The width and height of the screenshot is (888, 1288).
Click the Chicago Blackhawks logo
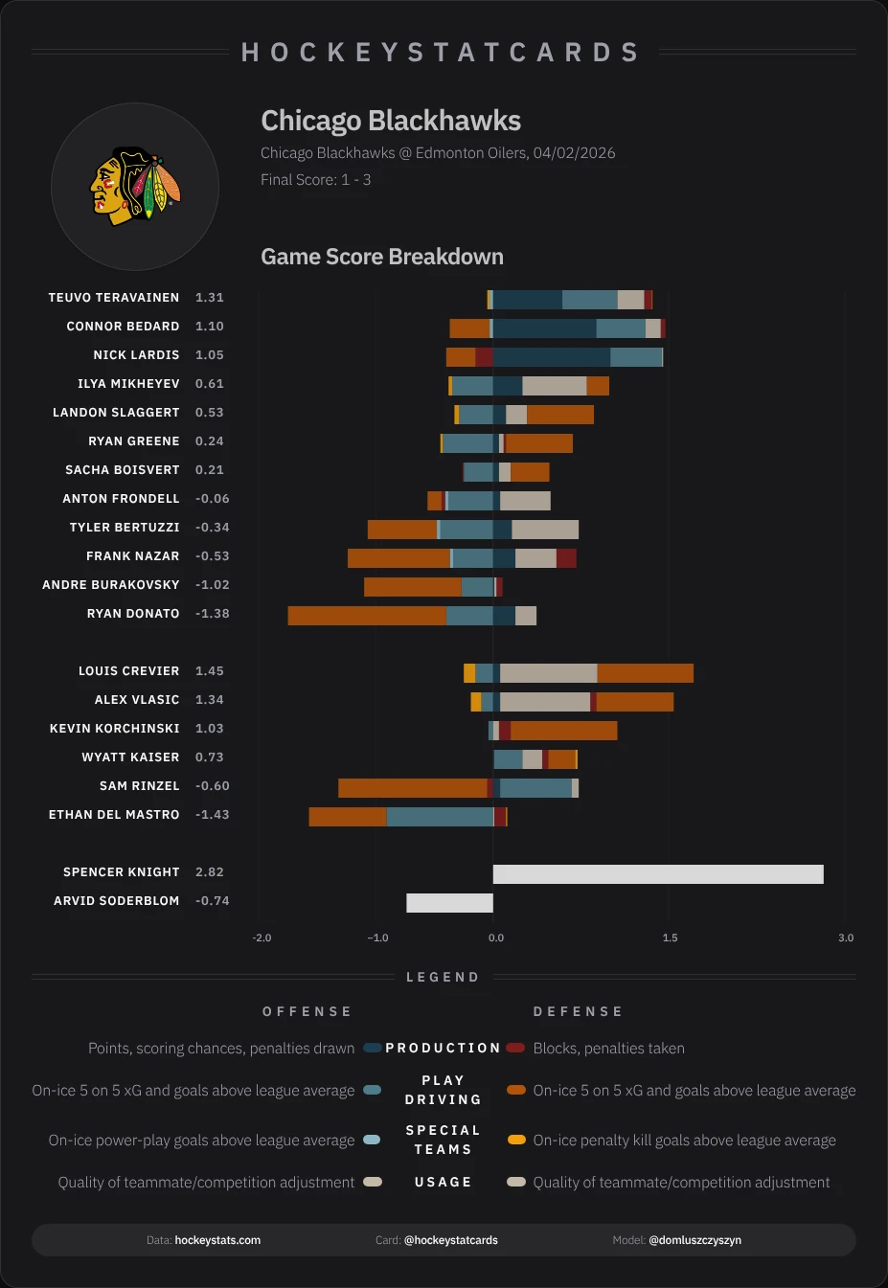(135, 186)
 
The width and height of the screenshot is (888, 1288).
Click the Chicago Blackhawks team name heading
(391, 121)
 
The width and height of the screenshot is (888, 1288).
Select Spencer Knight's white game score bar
(658, 873)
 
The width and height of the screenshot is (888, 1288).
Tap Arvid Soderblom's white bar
(449, 902)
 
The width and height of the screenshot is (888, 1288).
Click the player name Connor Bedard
(123, 327)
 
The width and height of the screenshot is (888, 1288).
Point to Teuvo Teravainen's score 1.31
(209, 298)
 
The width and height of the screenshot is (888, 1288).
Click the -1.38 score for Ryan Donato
(212, 614)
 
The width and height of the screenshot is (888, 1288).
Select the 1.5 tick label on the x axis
(670, 938)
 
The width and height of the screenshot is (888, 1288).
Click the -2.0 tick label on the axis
(262, 938)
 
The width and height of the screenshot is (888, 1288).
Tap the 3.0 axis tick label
(846, 938)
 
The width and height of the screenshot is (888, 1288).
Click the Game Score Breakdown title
(382, 257)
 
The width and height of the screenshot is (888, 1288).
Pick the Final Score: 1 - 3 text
(315, 180)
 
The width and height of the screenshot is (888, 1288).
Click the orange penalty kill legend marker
(516, 1140)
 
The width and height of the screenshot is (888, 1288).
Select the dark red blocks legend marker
(515, 1048)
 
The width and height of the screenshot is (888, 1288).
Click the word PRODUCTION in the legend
(443, 1048)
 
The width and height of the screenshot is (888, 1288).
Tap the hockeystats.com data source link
(217, 1240)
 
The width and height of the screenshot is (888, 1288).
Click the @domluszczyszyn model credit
(694, 1240)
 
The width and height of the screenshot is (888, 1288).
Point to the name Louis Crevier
(128, 671)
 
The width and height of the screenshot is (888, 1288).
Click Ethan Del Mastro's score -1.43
(212, 815)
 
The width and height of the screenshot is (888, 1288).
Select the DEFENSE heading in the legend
(578, 1011)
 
